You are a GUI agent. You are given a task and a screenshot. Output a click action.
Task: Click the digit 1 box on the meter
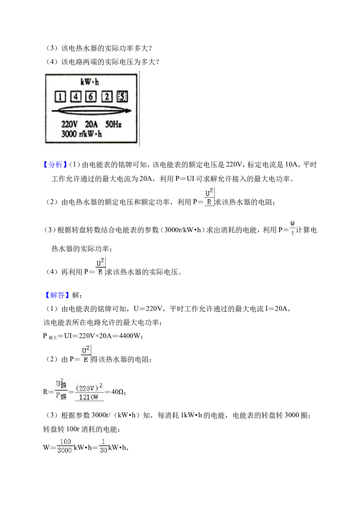[x=60, y=97]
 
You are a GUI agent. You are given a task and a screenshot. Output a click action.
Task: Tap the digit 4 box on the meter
[x=76, y=96]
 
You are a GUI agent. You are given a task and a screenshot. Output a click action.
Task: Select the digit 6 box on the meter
[x=91, y=96]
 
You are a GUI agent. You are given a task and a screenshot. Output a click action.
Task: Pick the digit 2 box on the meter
[x=107, y=96]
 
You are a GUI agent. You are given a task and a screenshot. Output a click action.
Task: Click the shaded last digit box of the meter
[x=122, y=96]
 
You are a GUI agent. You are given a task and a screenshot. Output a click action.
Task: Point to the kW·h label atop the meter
[x=90, y=82]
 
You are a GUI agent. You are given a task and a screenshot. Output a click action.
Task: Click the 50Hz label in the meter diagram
[x=113, y=125]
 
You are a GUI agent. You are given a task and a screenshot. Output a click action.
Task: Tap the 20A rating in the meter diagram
[x=91, y=125]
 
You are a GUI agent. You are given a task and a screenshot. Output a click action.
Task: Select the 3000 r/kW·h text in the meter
[x=81, y=134]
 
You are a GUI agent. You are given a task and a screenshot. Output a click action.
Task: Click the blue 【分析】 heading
[x=55, y=165]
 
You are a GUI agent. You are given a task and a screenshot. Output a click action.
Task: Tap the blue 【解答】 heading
[x=57, y=295]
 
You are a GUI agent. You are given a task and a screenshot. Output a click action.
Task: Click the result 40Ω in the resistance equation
[x=117, y=392]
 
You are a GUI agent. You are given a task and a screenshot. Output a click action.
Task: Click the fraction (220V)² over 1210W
[x=89, y=392]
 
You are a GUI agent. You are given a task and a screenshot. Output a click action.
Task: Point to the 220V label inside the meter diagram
[x=70, y=125]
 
